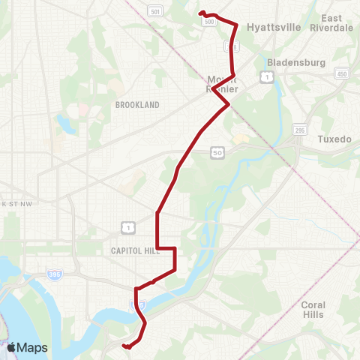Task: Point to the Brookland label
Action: pyautogui.click(x=137, y=106)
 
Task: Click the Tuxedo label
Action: pyautogui.click(x=328, y=139)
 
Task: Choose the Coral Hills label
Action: pyautogui.click(x=313, y=310)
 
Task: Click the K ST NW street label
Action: pyautogui.click(x=16, y=203)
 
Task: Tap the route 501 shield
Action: pyautogui.click(x=154, y=11)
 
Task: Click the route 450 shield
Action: pyautogui.click(x=341, y=73)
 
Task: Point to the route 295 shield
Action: pyautogui.click(x=301, y=130)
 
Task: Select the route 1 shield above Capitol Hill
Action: pyautogui.click(x=128, y=225)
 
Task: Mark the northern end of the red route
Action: pyautogui.click(x=200, y=13)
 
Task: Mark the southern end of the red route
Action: pyautogui.click(x=124, y=346)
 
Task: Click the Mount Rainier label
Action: pyautogui.click(x=223, y=84)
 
